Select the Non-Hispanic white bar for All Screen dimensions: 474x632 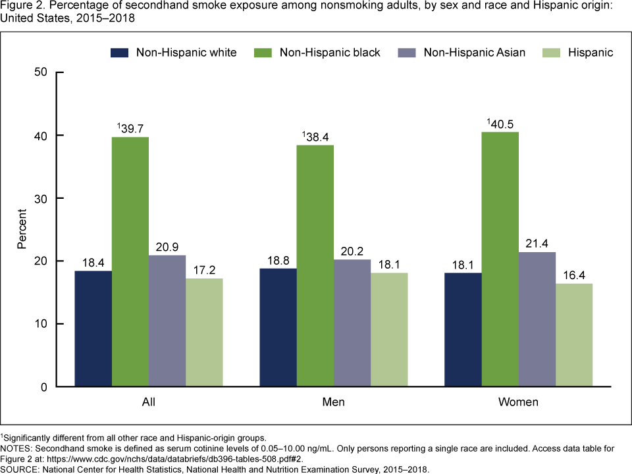coord(93,329)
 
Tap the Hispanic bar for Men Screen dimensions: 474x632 coord(389,330)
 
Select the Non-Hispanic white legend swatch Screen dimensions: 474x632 coord(118,53)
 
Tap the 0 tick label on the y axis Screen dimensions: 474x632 coord(43,387)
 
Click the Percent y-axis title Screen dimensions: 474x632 coord(22,229)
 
